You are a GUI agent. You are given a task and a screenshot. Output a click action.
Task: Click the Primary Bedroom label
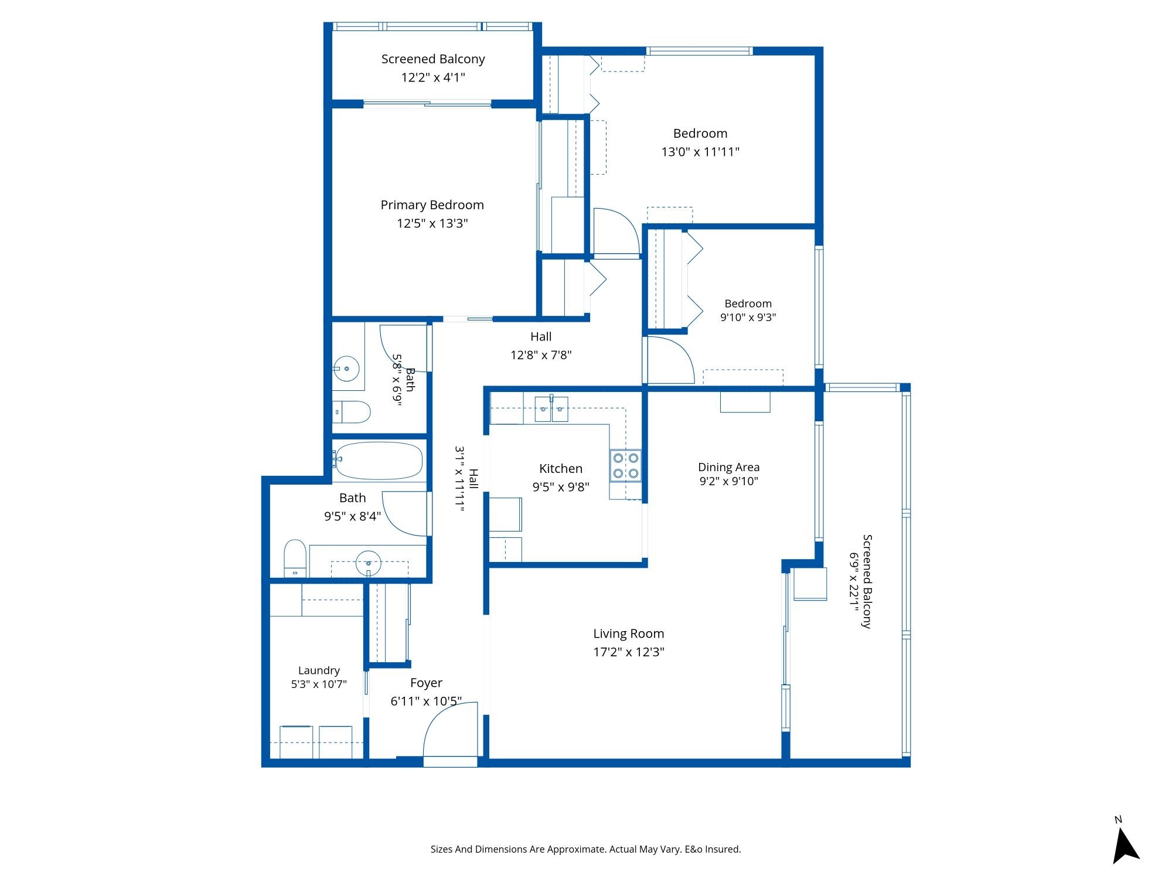coord(432,205)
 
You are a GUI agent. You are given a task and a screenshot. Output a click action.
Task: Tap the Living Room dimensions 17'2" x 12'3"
coord(629,652)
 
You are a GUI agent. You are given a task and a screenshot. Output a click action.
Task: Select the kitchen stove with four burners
coord(625,465)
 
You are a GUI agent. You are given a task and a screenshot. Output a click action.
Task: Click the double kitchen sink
coord(551,409)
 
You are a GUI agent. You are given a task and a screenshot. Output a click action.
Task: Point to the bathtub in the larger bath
coord(379,461)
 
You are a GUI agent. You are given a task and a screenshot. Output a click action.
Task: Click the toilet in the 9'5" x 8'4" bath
coord(295,558)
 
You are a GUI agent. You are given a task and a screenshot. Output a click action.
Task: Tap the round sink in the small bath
coord(346,369)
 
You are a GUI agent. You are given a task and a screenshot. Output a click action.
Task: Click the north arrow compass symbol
coord(1125,842)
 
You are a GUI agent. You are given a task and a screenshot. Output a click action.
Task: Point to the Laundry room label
coord(319,670)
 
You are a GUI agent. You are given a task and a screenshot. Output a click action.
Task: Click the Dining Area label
coord(729,467)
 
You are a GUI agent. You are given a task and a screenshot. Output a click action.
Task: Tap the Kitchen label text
coord(561,468)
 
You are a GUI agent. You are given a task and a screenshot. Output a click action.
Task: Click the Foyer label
coord(426,683)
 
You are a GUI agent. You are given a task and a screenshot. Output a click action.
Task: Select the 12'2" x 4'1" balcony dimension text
coord(433,77)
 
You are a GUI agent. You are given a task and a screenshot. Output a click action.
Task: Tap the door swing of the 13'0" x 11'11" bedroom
coord(616,233)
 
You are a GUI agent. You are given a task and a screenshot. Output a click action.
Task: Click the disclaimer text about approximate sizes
coord(586,849)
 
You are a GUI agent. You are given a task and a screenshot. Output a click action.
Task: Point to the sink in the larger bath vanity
coord(369,564)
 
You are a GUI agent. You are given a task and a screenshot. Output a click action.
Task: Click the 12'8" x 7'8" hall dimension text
coord(541,355)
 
